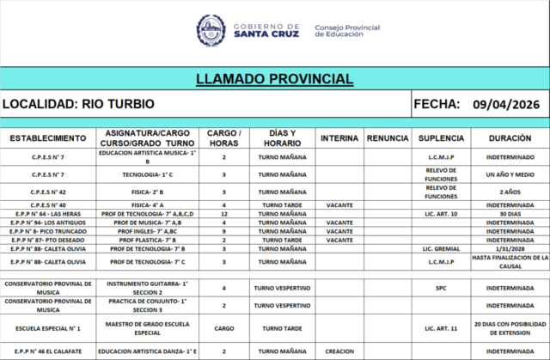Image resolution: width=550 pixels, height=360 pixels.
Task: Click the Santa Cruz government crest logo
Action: coord(211,30)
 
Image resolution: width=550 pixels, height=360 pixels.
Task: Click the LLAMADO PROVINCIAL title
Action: coord(274,79)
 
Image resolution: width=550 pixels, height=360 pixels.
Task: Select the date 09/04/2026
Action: coord(505,105)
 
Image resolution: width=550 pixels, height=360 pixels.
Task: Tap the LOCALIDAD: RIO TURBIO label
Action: coord(78,105)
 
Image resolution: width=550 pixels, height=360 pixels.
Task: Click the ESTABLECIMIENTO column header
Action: coord(48,138)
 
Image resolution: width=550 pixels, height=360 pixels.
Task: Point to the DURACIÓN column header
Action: coord(510,138)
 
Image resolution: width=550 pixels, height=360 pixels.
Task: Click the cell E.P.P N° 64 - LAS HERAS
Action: coord(48,213)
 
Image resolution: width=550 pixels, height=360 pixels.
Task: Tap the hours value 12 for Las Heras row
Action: coord(224,213)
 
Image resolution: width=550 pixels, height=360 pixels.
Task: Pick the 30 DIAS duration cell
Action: coord(510,213)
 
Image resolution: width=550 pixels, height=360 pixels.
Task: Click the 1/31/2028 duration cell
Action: coord(510,247)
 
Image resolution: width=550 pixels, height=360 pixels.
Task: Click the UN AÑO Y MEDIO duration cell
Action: coord(510,174)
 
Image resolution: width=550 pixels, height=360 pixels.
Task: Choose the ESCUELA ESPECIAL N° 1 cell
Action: coord(48,328)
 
